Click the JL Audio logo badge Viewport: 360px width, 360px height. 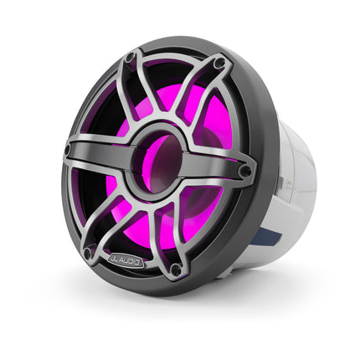tap(126, 261)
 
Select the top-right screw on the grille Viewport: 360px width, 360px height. tap(219, 63)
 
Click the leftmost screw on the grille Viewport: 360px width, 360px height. tap(68, 151)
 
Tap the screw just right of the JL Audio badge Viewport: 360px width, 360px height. tap(175, 270)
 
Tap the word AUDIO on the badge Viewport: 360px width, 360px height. tap(131, 262)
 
